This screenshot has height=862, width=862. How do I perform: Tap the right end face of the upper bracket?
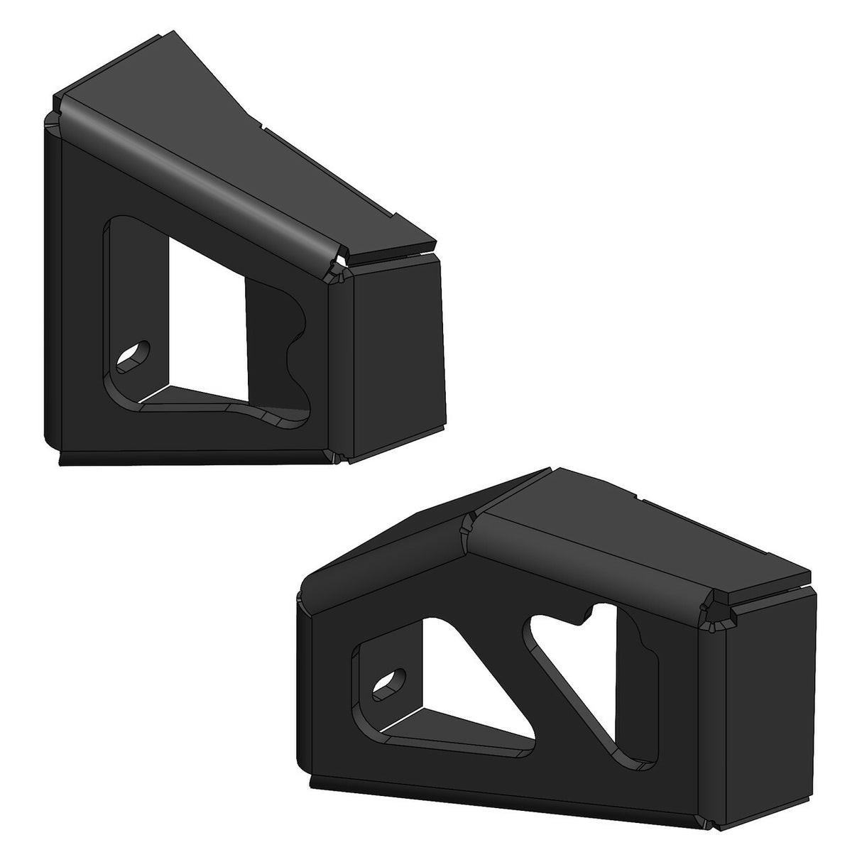click(x=398, y=355)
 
